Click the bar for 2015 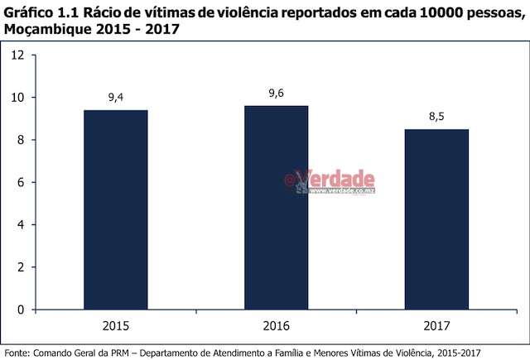point(115,209)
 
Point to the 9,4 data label point(116,98)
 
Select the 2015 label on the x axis point(115,326)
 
